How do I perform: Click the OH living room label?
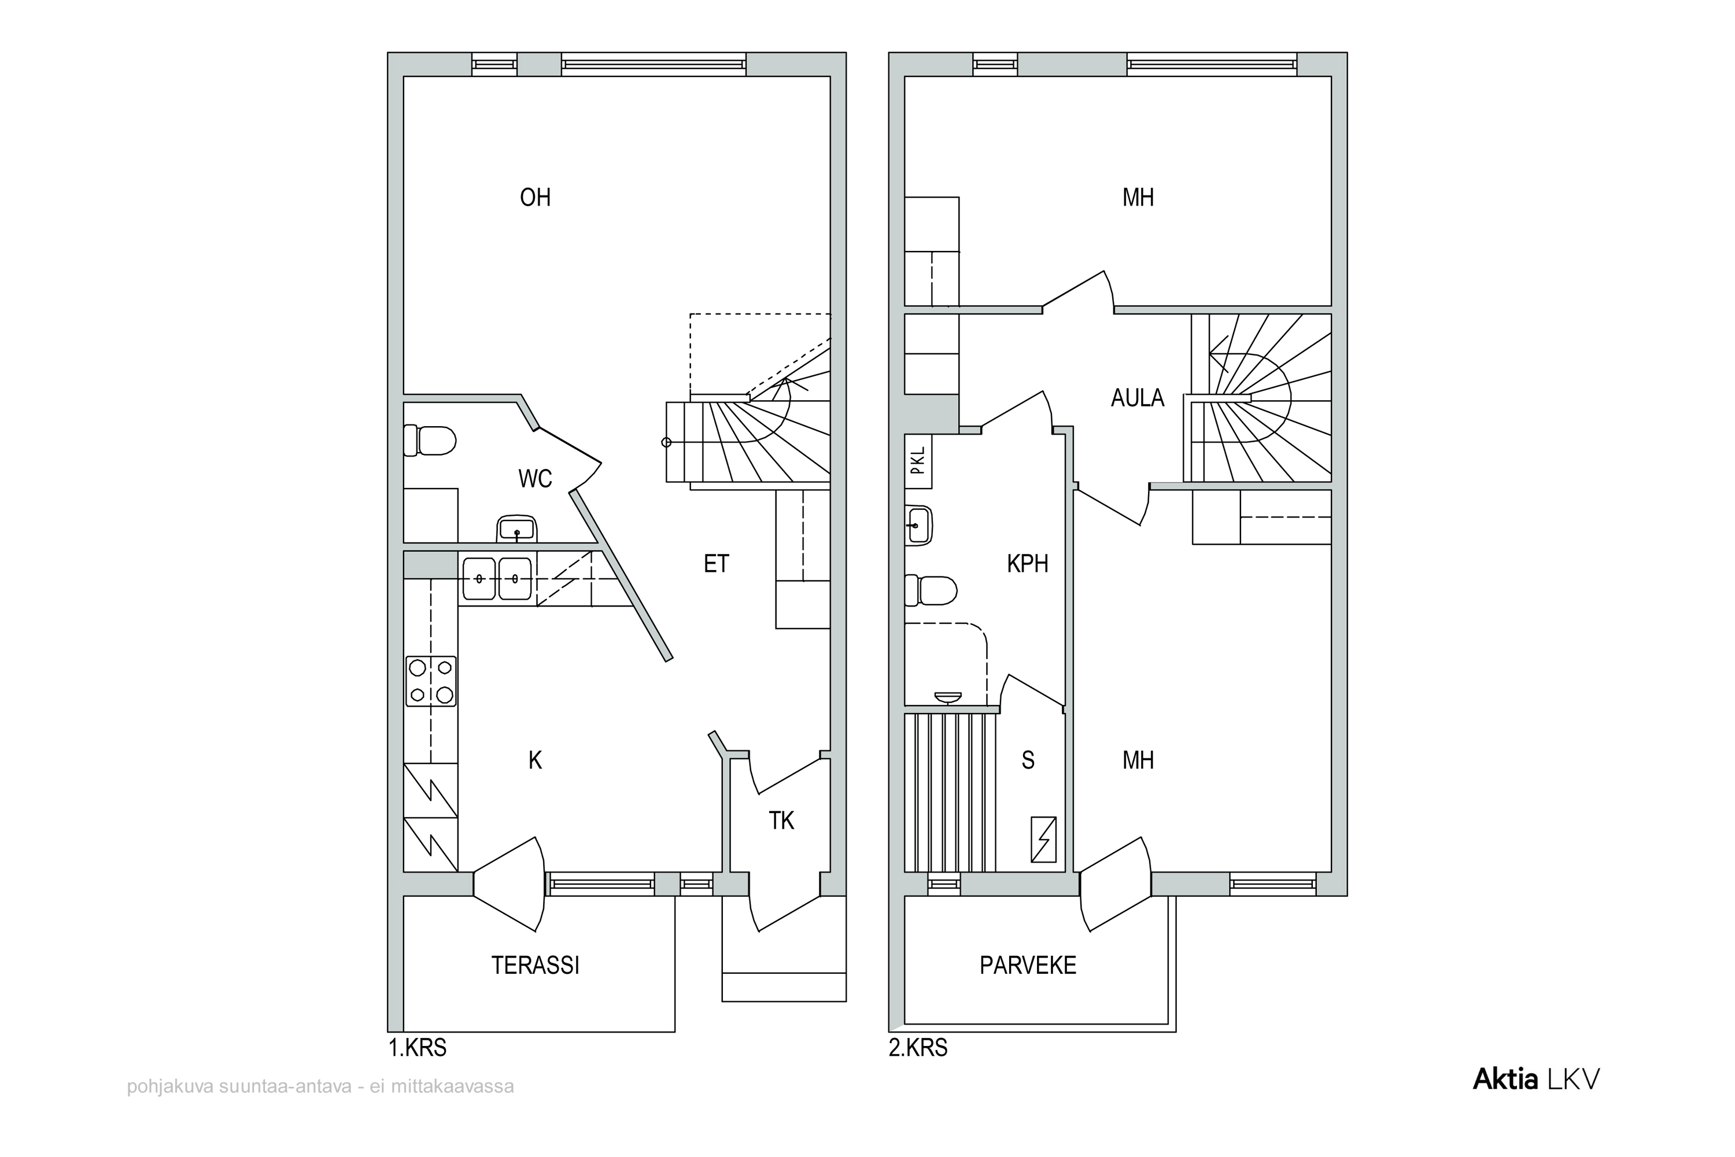coord(535,198)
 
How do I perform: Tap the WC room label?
coord(535,479)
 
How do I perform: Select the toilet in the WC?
coord(430,441)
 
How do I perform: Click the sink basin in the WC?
coord(516,528)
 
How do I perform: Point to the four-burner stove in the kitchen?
coord(431,682)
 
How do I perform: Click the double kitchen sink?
coord(497,578)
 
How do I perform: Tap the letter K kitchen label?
coord(535,760)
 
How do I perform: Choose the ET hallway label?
coord(716,564)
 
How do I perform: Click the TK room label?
coord(781,820)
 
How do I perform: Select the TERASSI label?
coord(535,965)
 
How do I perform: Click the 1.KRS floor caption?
coord(418,1048)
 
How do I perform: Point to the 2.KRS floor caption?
coord(918,1048)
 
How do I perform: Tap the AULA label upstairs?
coord(1137,398)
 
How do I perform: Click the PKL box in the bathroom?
coord(918,461)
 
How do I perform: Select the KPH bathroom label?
coord(1027,564)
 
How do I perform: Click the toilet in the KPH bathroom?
coord(931,590)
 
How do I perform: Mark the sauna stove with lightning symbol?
coord(1043,840)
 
